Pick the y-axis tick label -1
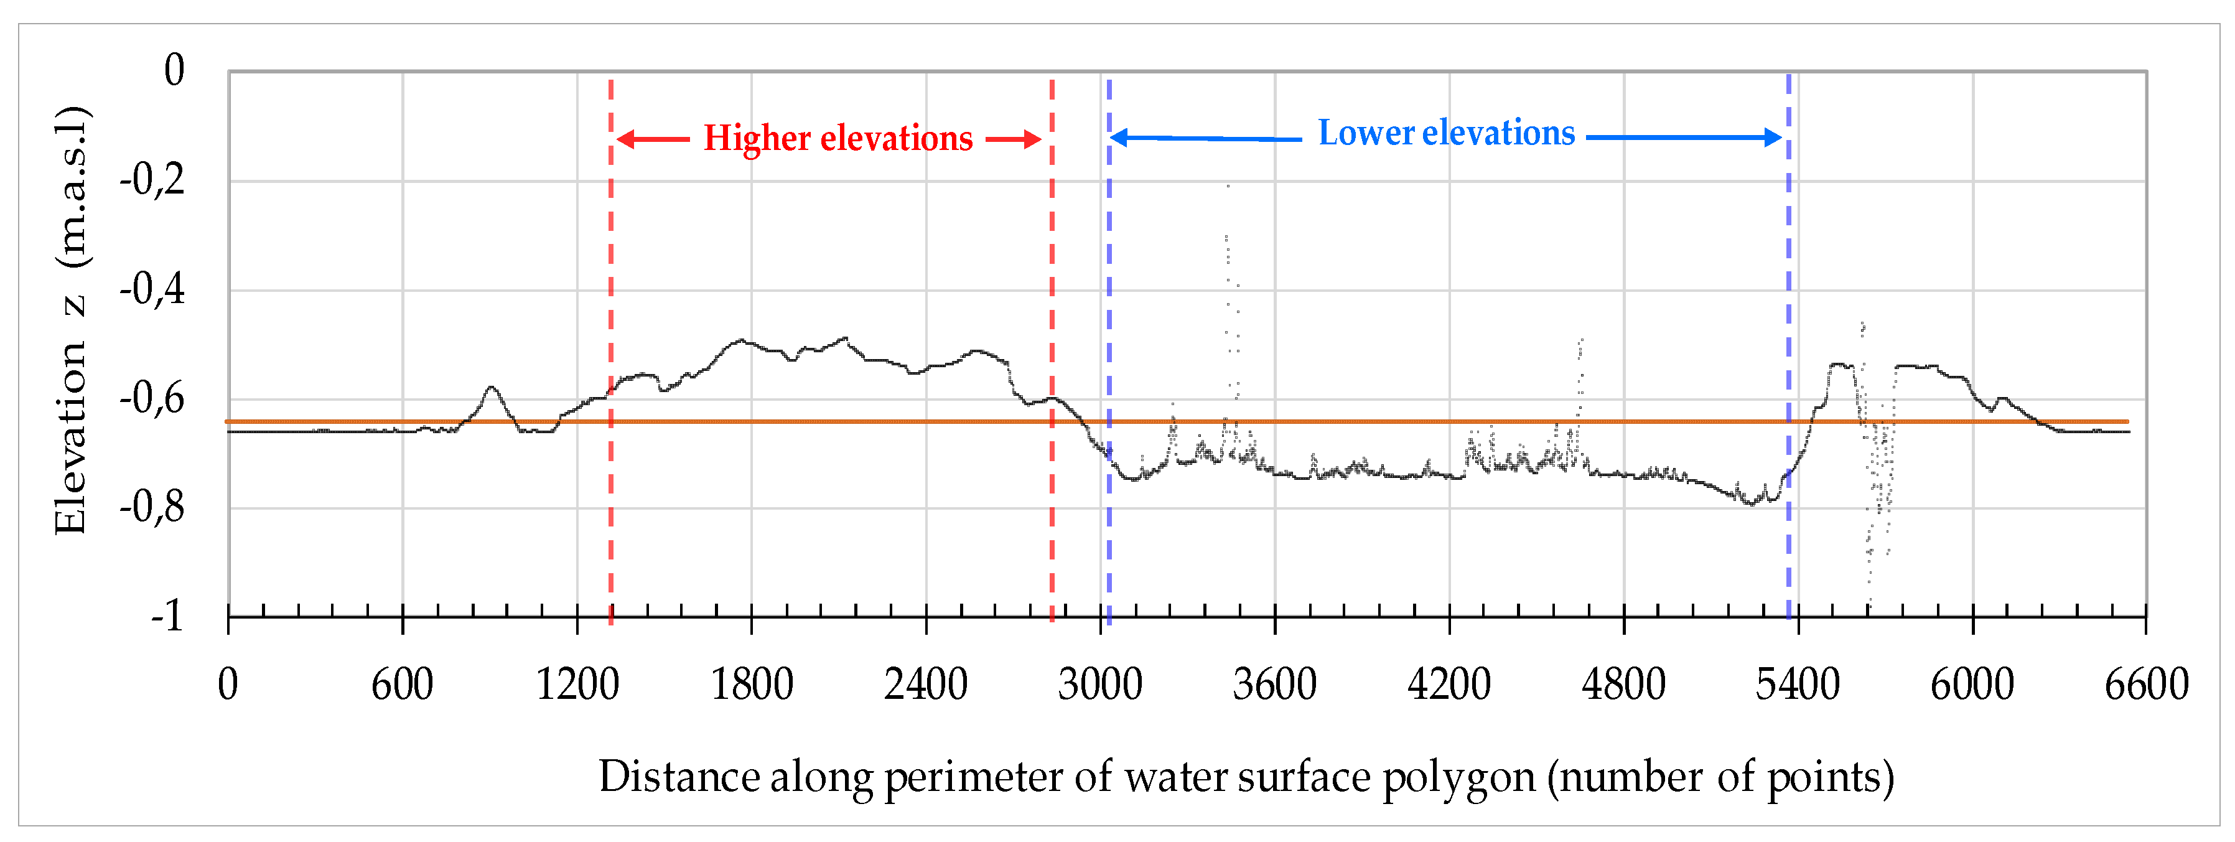click(x=167, y=615)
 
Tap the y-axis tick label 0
click(x=174, y=70)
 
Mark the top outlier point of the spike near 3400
click(x=1228, y=185)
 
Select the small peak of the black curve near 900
click(x=492, y=387)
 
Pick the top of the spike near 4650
click(x=1582, y=340)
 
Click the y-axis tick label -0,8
click(x=152, y=507)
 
